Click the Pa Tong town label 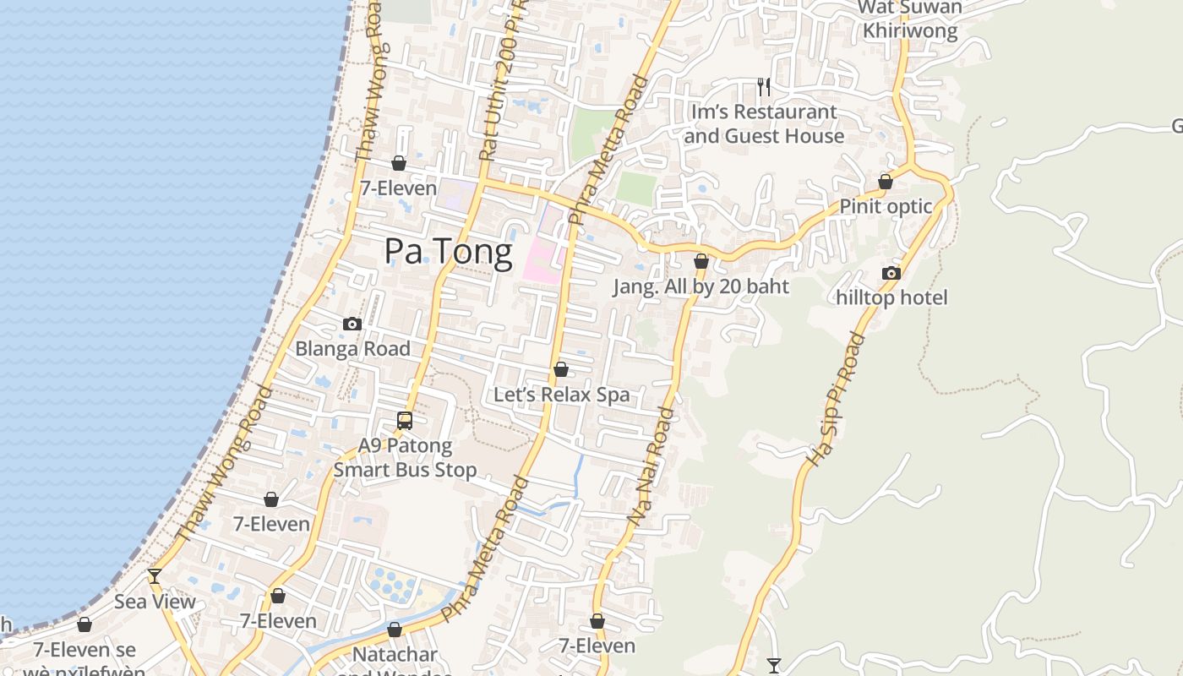pyautogui.click(x=448, y=252)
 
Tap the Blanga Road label pyautogui.click(x=352, y=348)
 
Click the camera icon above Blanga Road pyautogui.click(x=352, y=324)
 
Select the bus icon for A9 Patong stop pyautogui.click(x=405, y=420)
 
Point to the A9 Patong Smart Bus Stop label pyautogui.click(x=406, y=457)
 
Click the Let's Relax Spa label pyautogui.click(x=561, y=395)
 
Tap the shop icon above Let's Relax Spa pyautogui.click(x=560, y=369)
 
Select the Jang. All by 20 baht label pyautogui.click(x=701, y=286)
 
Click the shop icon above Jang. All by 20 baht pyautogui.click(x=701, y=261)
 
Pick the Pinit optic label pyautogui.click(x=886, y=206)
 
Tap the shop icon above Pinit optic pyautogui.click(x=886, y=182)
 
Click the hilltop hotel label pyautogui.click(x=891, y=297)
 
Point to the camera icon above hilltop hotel pyautogui.click(x=891, y=273)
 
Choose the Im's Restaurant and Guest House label pyautogui.click(x=764, y=123)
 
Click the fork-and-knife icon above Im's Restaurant pyautogui.click(x=764, y=86)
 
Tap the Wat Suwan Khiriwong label pyautogui.click(x=910, y=19)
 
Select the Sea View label pyautogui.click(x=155, y=602)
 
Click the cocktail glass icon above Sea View pyautogui.click(x=155, y=576)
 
